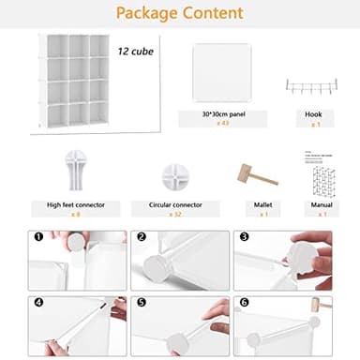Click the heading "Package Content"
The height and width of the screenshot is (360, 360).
(180, 13)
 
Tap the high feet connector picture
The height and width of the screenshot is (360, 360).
(74, 171)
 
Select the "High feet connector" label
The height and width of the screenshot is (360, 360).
(74, 202)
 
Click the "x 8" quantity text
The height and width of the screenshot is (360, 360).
(74, 214)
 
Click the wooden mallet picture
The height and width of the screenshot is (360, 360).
(250, 175)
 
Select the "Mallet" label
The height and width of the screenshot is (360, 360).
(250, 202)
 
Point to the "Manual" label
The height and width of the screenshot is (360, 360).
(322, 202)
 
